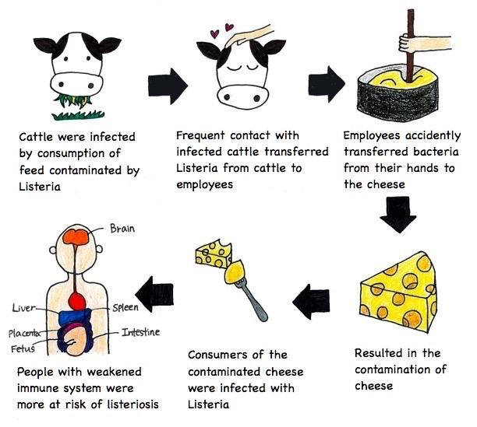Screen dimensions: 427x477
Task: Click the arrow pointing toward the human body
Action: coord(153,292)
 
